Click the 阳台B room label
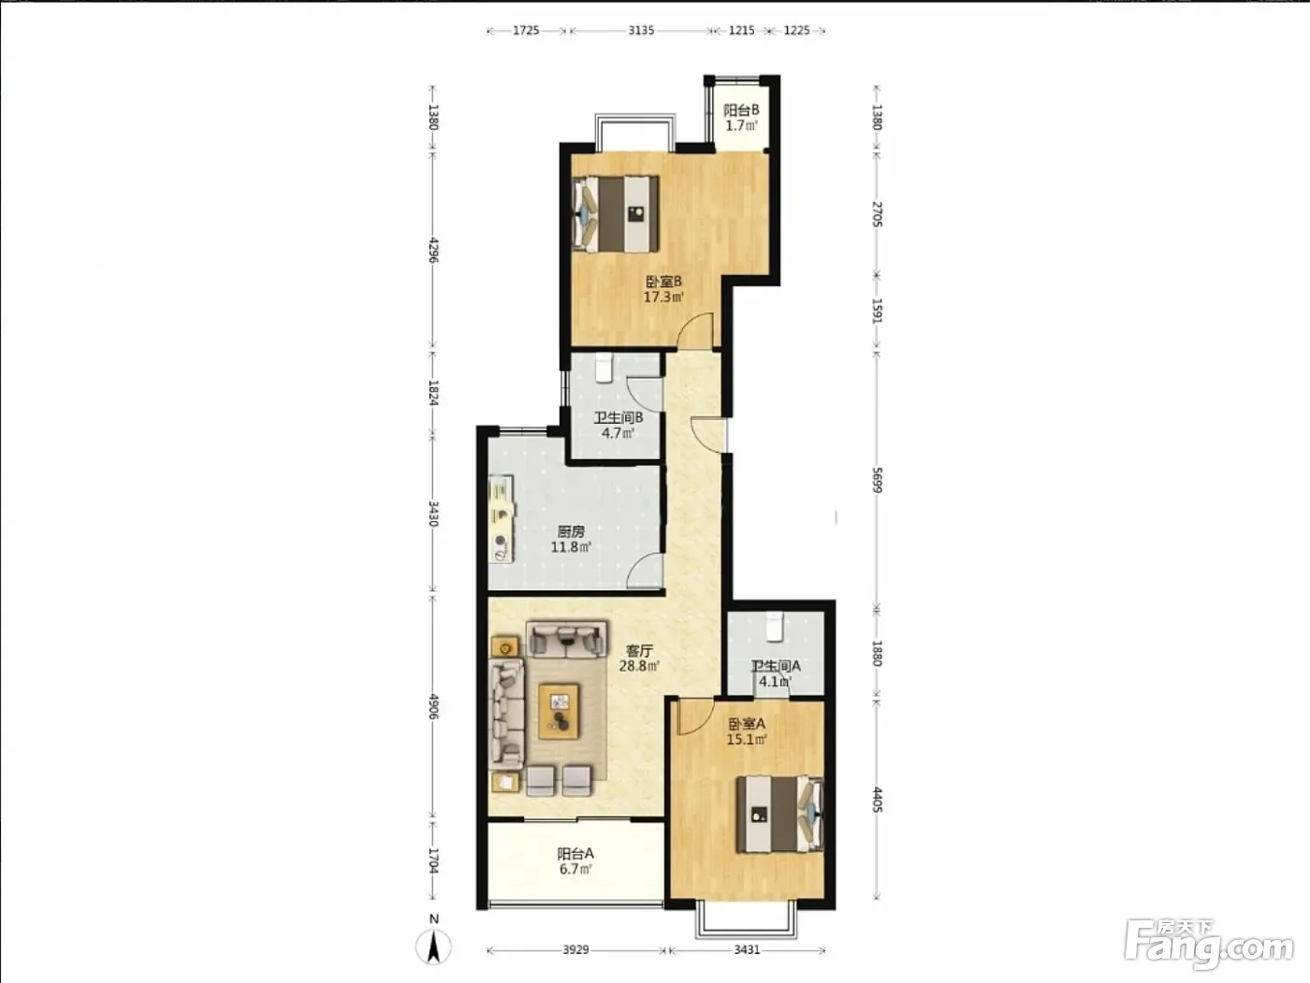pyautogui.click(x=741, y=118)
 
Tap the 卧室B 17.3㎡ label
pyautogui.click(x=663, y=289)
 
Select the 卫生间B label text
pyautogui.click(x=619, y=417)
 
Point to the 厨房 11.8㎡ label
pyautogui.click(x=571, y=539)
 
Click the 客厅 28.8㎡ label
pyautogui.click(x=639, y=658)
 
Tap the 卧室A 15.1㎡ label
pyautogui.click(x=747, y=731)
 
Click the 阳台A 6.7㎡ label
pyautogui.click(x=575, y=861)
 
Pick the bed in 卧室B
pyautogui.click(x=616, y=214)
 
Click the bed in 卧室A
pyautogui.click(x=779, y=814)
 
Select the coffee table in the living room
pyautogui.click(x=559, y=712)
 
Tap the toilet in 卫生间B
pyautogui.click(x=604, y=368)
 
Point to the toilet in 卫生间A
pyautogui.click(x=775, y=627)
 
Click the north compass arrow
pyautogui.click(x=434, y=947)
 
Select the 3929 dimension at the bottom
pyautogui.click(x=575, y=949)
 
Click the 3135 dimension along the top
pyautogui.click(x=641, y=31)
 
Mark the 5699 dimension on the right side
pyautogui.click(x=877, y=480)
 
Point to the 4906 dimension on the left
pyautogui.click(x=434, y=706)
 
